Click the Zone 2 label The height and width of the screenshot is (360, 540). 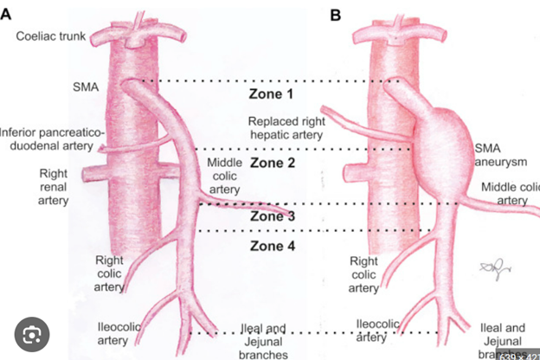pyautogui.click(x=273, y=162)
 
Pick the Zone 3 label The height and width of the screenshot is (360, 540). pyautogui.click(x=273, y=216)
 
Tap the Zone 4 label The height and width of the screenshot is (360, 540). pyautogui.click(x=273, y=246)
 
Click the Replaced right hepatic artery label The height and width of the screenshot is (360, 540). pyautogui.click(x=286, y=127)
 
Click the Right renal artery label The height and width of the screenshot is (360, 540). pyautogui.click(x=53, y=187)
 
